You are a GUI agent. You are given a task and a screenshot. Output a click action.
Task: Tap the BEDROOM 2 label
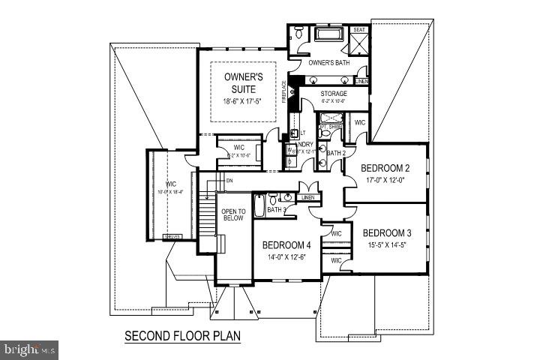[x=387, y=167]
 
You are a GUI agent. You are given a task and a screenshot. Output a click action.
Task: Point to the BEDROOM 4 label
[x=286, y=245]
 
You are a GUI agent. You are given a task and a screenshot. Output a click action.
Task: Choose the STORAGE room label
[x=333, y=94]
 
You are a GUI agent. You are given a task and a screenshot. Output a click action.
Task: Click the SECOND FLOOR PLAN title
[x=182, y=335]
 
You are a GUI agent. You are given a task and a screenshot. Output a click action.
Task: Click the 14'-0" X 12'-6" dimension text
[x=286, y=256]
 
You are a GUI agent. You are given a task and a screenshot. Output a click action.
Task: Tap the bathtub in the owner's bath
[x=328, y=34]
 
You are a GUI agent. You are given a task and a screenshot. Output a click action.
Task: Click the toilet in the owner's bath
[x=298, y=33]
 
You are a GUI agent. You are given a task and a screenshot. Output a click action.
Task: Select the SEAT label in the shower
[x=358, y=30]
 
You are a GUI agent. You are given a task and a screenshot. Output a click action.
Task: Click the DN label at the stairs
[x=230, y=180]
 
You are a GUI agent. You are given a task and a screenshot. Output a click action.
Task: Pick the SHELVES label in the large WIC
[x=172, y=236]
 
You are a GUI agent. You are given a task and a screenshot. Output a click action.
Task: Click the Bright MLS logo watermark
[x=30, y=349]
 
